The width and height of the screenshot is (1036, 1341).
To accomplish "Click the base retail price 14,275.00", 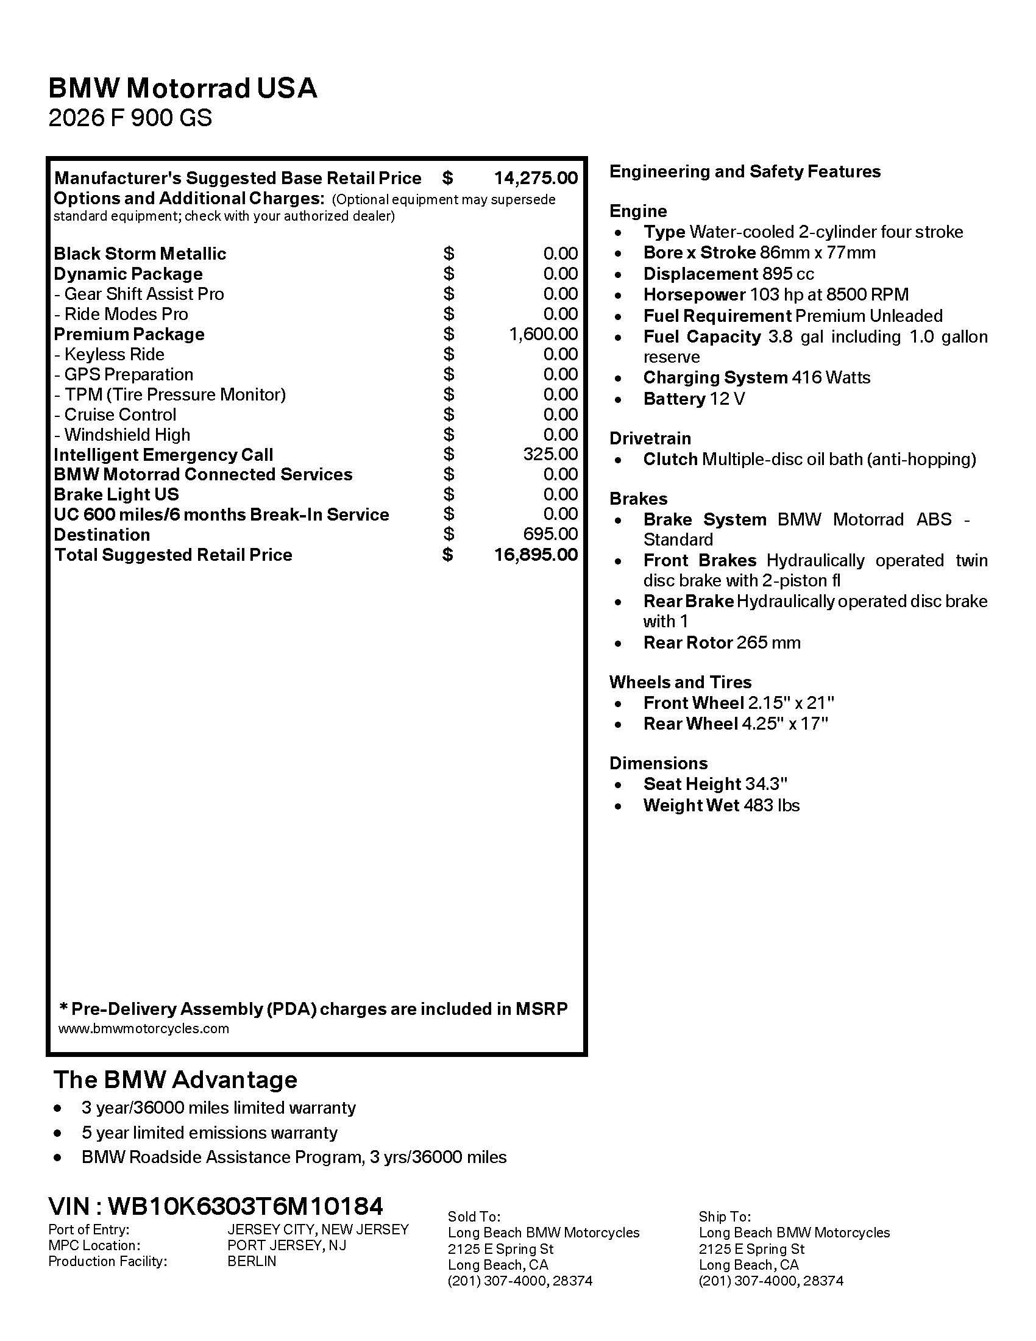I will click(x=535, y=178).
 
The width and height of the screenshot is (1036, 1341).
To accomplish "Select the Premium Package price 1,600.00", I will click(x=543, y=334).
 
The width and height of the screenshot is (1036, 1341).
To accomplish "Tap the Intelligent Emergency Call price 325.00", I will click(x=550, y=454).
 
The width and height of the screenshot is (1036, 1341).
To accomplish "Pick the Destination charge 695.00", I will click(x=550, y=534).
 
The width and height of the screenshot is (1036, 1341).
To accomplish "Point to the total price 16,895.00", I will click(x=535, y=555).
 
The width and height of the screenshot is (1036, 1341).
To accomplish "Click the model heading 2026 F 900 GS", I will click(x=130, y=118).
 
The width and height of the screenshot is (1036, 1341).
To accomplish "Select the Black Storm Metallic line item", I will click(x=140, y=254).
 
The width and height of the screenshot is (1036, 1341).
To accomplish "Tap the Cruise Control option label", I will click(x=119, y=414).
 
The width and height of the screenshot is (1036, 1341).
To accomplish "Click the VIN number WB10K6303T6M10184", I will click(x=246, y=1206).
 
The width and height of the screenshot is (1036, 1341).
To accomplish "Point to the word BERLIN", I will click(x=252, y=1261).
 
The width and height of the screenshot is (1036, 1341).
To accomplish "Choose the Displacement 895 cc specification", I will click(x=728, y=274).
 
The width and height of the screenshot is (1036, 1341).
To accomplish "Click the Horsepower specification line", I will click(x=776, y=295).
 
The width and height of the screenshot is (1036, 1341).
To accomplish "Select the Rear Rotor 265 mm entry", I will click(x=722, y=643).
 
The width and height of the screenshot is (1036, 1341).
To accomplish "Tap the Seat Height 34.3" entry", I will click(x=715, y=784).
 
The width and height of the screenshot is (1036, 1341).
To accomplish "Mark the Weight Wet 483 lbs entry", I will click(x=721, y=806).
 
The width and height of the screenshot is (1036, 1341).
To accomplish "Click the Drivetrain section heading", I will click(x=650, y=438).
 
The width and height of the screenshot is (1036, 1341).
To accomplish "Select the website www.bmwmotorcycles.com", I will click(x=144, y=1028).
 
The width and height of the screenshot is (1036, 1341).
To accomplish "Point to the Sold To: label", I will click(x=474, y=1217).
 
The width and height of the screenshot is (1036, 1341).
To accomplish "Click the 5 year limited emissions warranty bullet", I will click(x=209, y=1133).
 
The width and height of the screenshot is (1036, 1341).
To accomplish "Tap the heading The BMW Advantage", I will click(x=176, y=1080).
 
